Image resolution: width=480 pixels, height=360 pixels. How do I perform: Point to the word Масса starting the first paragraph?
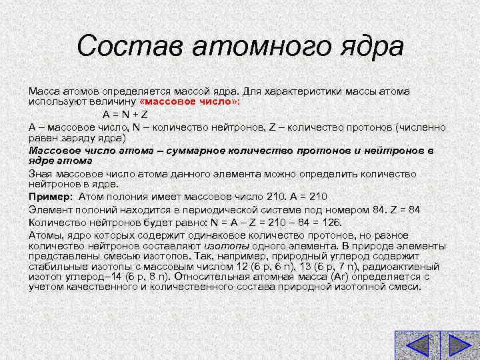point(43,91)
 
